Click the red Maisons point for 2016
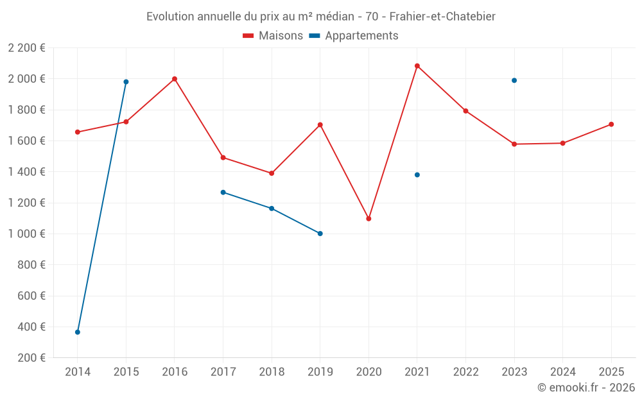click(175, 79)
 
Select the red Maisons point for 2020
click(369, 219)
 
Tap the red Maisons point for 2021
click(417, 65)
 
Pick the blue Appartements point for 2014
click(78, 332)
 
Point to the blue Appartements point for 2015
click(126, 81)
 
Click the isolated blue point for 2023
click(514, 80)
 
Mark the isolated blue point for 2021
click(417, 175)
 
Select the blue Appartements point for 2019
click(320, 234)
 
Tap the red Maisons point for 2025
click(611, 124)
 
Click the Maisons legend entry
click(273, 36)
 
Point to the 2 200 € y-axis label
click(27, 47)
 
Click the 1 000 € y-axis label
click(27, 234)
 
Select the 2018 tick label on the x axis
click(272, 371)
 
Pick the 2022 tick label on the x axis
click(465, 371)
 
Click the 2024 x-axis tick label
click(562, 371)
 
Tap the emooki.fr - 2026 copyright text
click(586, 388)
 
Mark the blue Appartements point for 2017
click(223, 192)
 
